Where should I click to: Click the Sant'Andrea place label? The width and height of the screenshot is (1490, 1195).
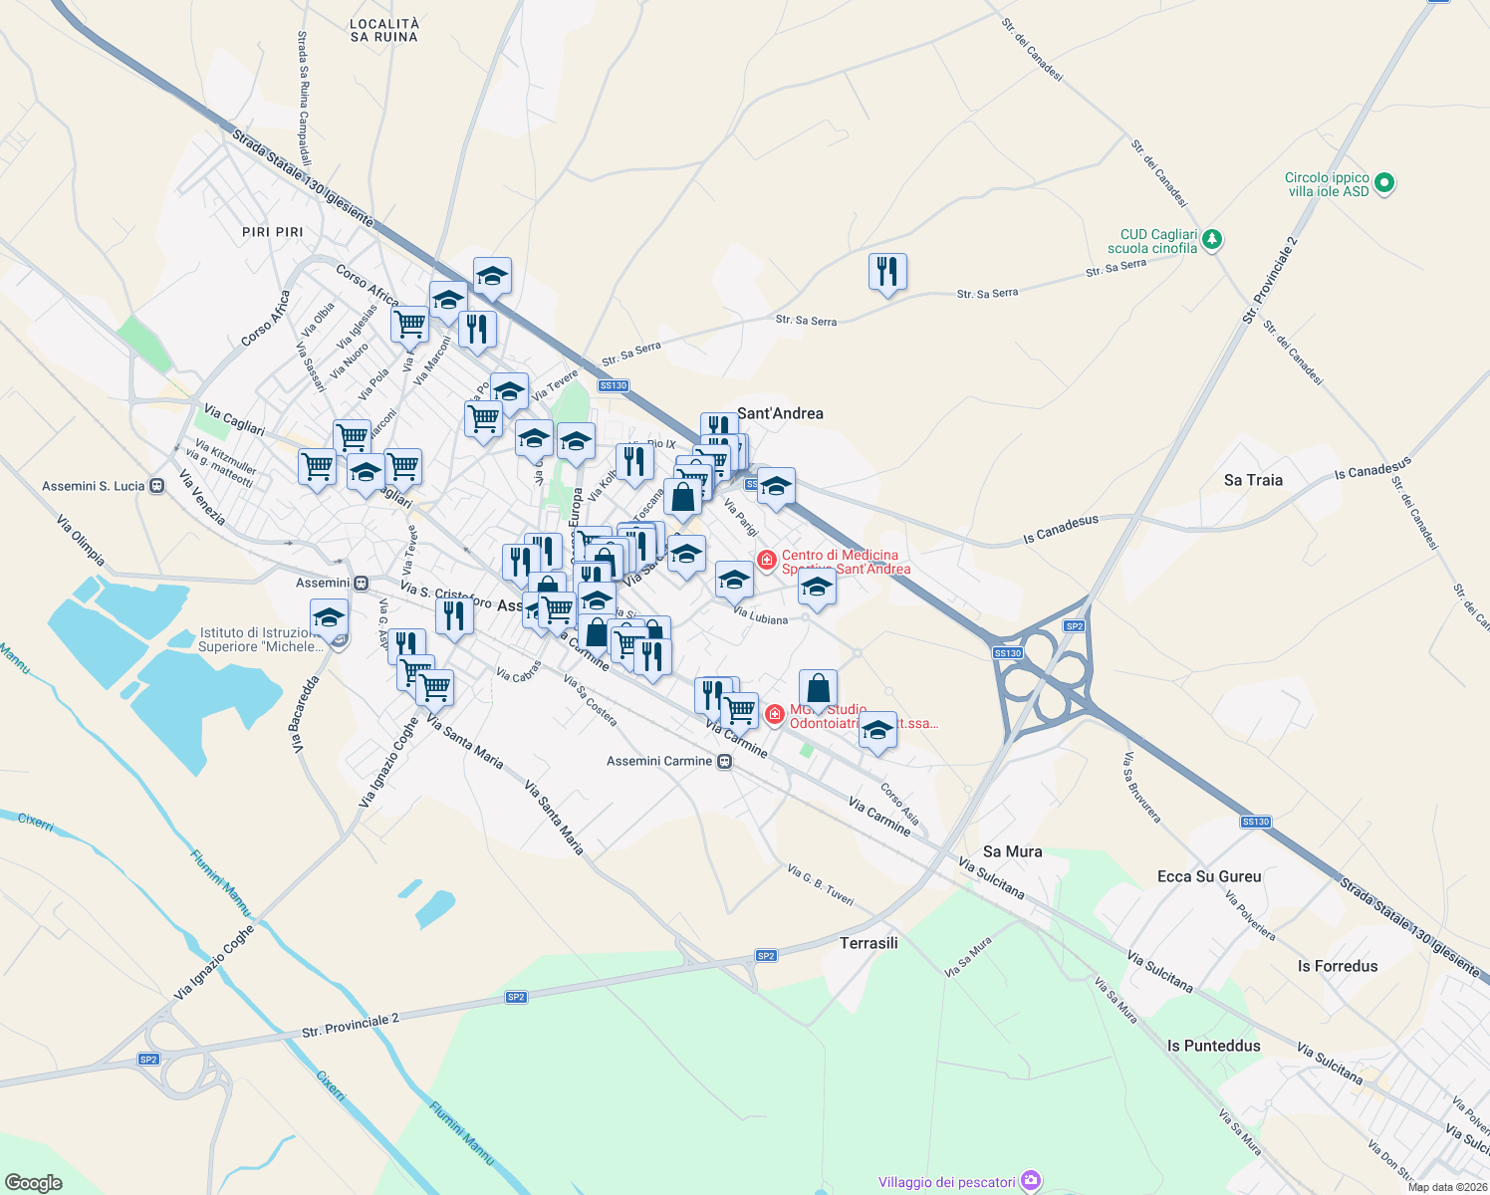click(780, 413)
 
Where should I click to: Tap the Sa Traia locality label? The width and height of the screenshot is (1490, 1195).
click(1253, 480)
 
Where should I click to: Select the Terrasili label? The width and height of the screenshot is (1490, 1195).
click(869, 943)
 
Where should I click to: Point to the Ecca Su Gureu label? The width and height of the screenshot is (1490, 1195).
click(1209, 876)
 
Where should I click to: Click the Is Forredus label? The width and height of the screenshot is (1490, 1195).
click(1338, 966)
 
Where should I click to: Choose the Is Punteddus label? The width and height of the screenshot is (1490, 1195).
click(1213, 1046)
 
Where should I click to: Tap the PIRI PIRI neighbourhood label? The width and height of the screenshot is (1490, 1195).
click(272, 232)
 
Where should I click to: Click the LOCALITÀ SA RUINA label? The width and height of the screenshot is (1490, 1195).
click(384, 30)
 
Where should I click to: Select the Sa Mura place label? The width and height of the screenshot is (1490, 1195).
click(1012, 851)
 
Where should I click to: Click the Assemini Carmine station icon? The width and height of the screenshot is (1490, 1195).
click(725, 762)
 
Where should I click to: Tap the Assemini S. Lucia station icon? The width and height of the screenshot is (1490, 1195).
click(156, 486)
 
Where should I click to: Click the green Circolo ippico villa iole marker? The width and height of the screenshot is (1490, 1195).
click(1383, 183)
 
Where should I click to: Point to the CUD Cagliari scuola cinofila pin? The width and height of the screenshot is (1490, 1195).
click(1211, 240)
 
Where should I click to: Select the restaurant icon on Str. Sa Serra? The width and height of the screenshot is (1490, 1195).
click(886, 271)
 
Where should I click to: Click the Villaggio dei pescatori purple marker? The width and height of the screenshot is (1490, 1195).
click(1031, 1181)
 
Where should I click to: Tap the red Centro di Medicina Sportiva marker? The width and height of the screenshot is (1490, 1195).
click(766, 560)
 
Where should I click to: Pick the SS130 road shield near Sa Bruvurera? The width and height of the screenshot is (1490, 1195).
click(1255, 822)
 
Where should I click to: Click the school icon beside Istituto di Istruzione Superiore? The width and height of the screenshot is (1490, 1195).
click(329, 618)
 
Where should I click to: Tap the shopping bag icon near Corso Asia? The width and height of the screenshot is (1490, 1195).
click(818, 688)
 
